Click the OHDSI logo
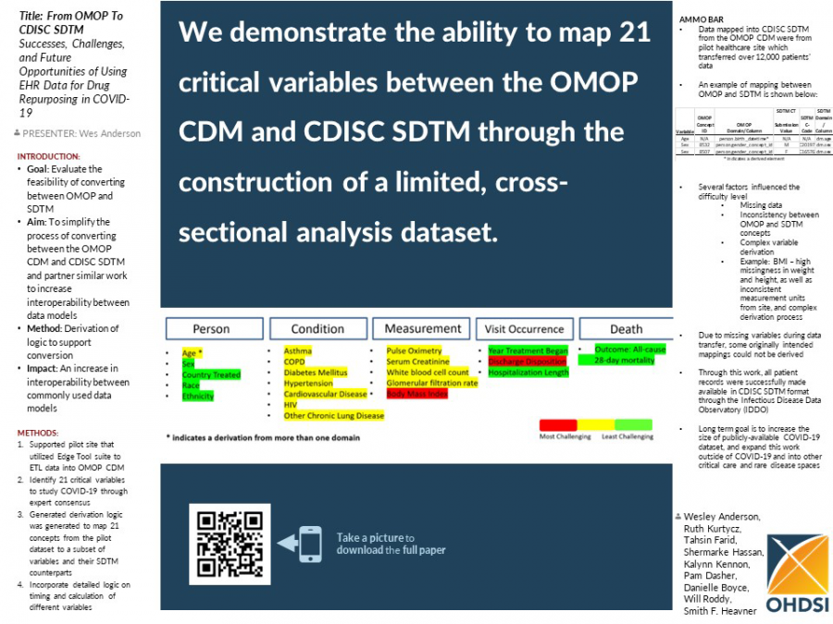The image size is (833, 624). click(x=797, y=574)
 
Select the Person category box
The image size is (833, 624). click(x=211, y=329)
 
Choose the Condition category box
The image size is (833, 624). click(x=317, y=329)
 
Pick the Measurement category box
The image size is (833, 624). click(x=422, y=329)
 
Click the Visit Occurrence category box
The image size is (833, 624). click(x=524, y=329)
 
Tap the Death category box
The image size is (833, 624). click(x=626, y=329)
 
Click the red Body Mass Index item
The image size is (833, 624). click(x=416, y=394)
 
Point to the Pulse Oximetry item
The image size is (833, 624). click(x=416, y=351)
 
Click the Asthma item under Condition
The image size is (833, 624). click(x=297, y=351)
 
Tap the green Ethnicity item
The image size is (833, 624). click(x=198, y=396)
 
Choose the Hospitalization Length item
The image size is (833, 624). click(x=528, y=373)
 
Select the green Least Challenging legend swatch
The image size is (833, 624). click(x=634, y=424)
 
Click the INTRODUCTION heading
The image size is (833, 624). click(x=49, y=156)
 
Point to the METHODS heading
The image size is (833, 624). click(x=38, y=432)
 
